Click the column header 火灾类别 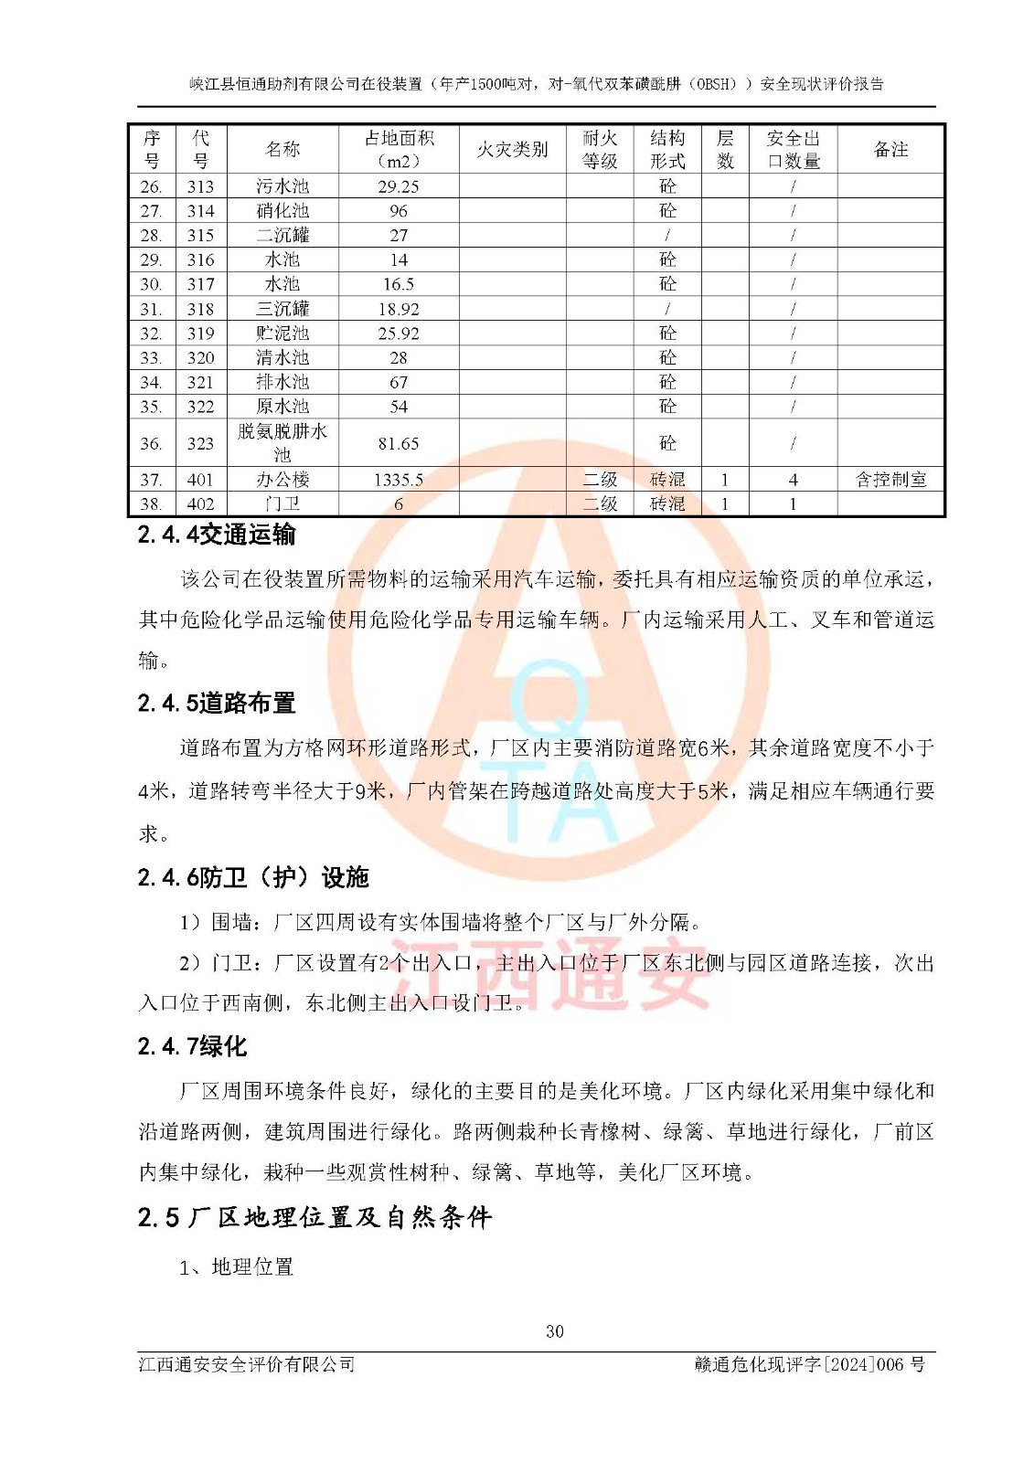tap(512, 149)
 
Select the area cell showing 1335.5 tap(399, 480)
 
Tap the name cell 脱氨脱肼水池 tap(282, 443)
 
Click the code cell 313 tap(200, 186)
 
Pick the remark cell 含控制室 tap(890, 480)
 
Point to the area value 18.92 tap(399, 310)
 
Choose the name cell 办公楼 tap(282, 480)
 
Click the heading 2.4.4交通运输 tap(217, 535)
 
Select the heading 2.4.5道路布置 tap(217, 703)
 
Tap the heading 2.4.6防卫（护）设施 tap(253, 877)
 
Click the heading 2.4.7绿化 tap(192, 1046)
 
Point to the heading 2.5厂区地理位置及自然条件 tap(314, 1217)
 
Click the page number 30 tap(555, 1331)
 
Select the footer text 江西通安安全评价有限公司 tap(247, 1364)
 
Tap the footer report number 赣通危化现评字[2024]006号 tap(810, 1364)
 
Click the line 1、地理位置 tap(237, 1267)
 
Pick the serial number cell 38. tap(151, 504)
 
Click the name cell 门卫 tap(282, 504)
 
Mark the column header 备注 tap(890, 149)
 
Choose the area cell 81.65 tap(399, 444)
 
